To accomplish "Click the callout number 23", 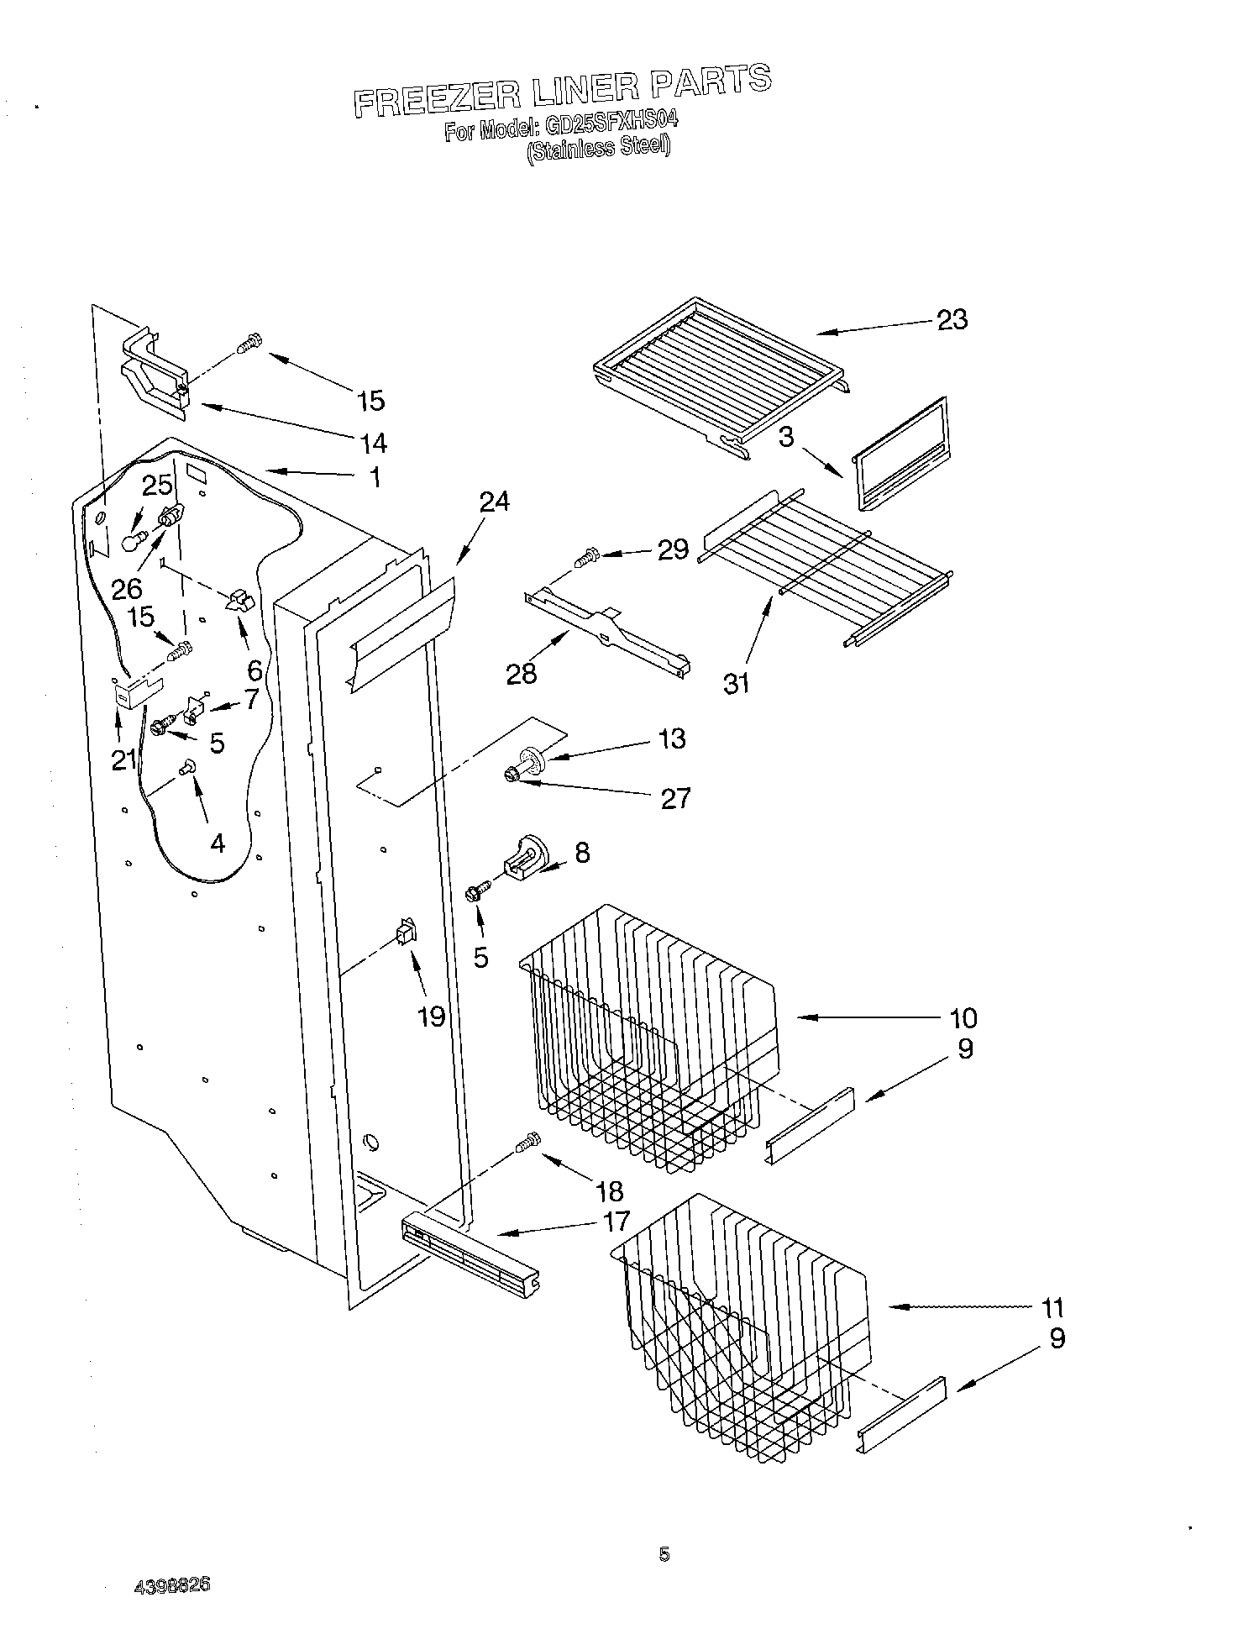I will [952, 320].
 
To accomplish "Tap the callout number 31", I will [736, 684].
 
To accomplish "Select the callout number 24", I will [494, 502].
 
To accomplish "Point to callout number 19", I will [431, 1017].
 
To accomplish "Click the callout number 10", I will [963, 1018].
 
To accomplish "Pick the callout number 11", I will [1052, 1307].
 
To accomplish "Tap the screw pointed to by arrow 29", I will [585, 555].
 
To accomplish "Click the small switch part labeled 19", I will [406, 932].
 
